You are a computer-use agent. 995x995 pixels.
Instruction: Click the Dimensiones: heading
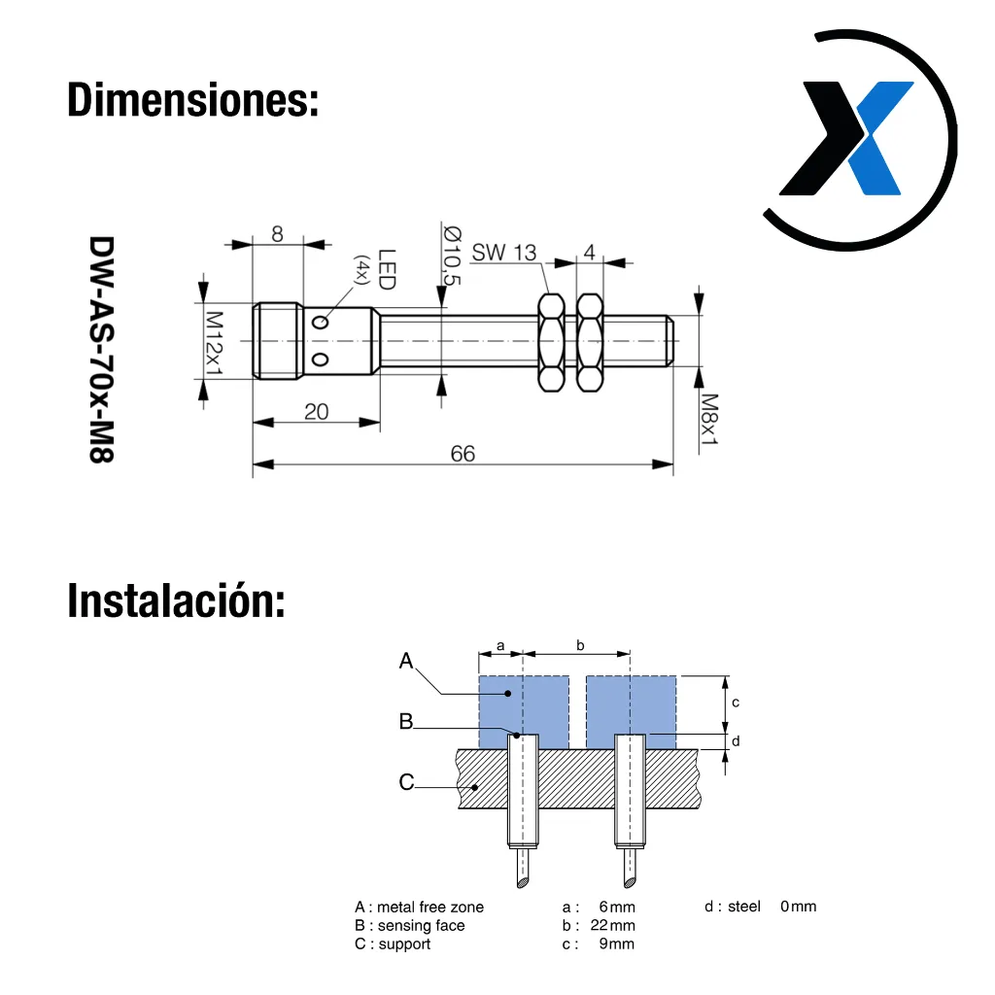pyautogui.click(x=193, y=100)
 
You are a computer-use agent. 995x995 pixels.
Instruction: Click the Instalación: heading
pyautogui.click(x=176, y=600)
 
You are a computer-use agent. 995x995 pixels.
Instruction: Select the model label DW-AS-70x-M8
pyautogui.click(x=101, y=350)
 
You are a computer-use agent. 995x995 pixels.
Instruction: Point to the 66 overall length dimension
pyautogui.click(x=463, y=454)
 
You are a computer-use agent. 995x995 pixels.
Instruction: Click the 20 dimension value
pyautogui.click(x=316, y=412)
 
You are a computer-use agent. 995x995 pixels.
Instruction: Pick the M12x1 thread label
pyautogui.click(x=215, y=343)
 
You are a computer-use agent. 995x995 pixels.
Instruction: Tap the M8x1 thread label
pyautogui.click(x=708, y=420)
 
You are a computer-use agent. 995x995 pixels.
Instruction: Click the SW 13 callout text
pyautogui.click(x=504, y=253)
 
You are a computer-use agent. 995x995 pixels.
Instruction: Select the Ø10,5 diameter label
pyautogui.click(x=452, y=255)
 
